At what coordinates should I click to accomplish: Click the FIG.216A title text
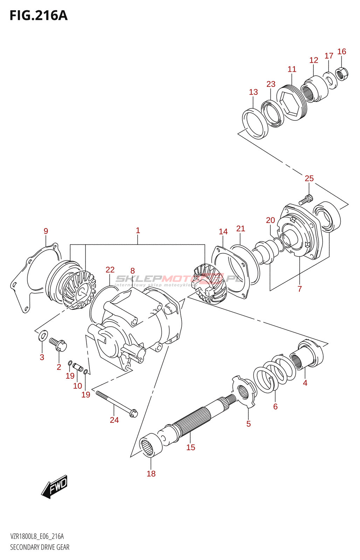[39, 16]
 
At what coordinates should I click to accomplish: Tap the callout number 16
[341, 52]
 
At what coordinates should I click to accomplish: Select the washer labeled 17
[330, 80]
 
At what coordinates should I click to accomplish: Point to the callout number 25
[309, 178]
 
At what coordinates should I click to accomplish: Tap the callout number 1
[138, 230]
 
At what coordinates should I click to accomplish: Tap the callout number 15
[191, 447]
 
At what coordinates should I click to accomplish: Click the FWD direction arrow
[55, 486]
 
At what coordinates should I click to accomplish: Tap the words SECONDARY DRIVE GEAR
[40, 547]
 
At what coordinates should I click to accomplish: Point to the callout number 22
[110, 269]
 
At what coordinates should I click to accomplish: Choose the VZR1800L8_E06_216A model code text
[37, 536]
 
